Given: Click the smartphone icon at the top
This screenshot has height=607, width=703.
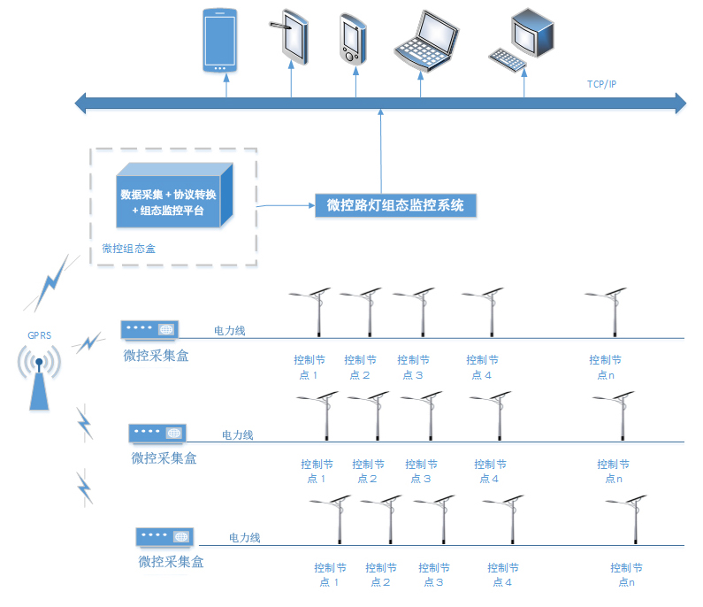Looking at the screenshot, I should (x=218, y=41).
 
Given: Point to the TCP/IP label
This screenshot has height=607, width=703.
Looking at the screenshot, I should (x=602, y=84).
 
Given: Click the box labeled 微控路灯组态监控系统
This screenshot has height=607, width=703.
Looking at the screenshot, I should (x=396, y=205).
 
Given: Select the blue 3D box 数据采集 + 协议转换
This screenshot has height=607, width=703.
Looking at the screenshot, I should (x=174, y=196).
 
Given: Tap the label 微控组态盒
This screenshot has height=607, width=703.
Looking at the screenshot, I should (x=127, y=248).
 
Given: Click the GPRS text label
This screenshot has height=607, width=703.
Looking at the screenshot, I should (x=39, y=336).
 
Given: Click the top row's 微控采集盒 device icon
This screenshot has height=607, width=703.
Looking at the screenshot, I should (x=150, y=329).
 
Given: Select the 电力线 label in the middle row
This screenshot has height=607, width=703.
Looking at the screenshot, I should (x=237, y=435).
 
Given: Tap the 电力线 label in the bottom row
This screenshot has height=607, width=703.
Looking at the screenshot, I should (x=245, y=538).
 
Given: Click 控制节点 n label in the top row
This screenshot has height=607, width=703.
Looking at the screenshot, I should (x=605, y=367).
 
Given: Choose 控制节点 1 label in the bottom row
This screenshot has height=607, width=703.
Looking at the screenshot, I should (x=330, y=574).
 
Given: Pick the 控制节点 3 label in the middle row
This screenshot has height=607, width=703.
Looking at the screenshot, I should (x=421, y=471).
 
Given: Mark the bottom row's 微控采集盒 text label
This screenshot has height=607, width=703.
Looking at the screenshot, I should (x=172, y=561).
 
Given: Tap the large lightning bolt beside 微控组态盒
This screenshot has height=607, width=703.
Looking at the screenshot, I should (x=51, y=283).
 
